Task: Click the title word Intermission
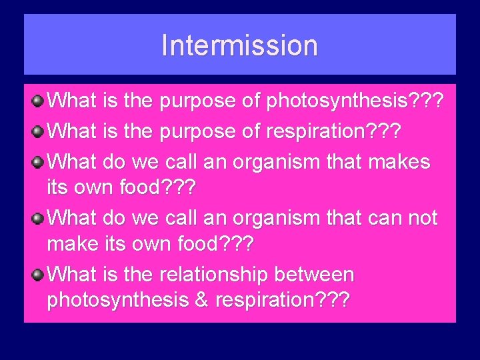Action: [239, 45]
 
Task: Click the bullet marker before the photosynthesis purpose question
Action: [39, 101]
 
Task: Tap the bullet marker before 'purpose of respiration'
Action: [39, 131]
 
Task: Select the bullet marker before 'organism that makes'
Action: [39, 161]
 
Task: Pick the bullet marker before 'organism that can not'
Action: [39, 217]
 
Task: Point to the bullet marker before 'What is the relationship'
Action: [39, 274]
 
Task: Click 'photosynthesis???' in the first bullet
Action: [355, 102]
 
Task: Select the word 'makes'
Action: [401, 161]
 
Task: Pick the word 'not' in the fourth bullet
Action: [421, 218]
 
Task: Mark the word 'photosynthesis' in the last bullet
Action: [117, 301]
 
